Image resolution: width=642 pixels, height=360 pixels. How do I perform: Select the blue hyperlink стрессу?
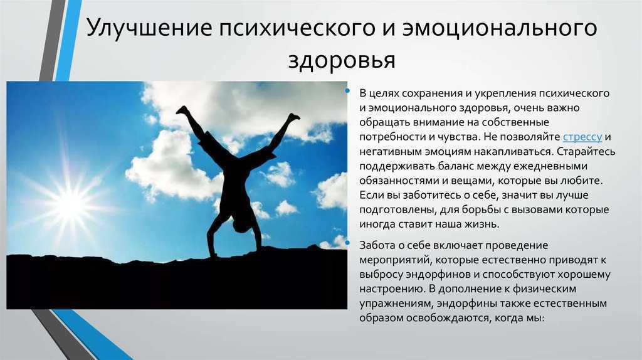[x=582, y=137]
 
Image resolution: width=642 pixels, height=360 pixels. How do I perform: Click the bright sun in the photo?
[x=70, y=204]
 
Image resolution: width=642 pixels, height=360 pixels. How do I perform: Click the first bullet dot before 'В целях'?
[x=347, y=91]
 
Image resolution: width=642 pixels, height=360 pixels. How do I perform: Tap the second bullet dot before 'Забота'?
[x=347, y=243]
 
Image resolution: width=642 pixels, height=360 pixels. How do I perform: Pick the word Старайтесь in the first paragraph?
[x=586, y=152]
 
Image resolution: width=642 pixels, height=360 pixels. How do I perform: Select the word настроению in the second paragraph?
[x=392, y=289]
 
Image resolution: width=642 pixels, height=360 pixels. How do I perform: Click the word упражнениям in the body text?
[x=395, y=304]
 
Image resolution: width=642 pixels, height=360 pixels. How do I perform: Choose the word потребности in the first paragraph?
[x=391, y=137]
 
